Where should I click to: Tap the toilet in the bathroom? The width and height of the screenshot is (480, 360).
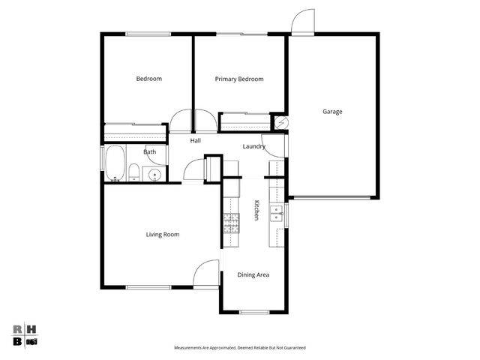coord(133,173)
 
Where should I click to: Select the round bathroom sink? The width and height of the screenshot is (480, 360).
coord(154,175)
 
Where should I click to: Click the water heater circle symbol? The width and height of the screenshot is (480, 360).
coord(282,122)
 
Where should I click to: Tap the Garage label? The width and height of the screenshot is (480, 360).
coord(332,112)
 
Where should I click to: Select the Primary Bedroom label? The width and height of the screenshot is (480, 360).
coord(239,79)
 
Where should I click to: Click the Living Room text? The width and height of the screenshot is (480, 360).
coord(162,235)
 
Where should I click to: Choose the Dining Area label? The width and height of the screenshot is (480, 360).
coord(253,275)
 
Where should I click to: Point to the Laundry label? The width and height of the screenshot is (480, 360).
coord(253,146)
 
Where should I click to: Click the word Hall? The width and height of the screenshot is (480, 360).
coord(195,140)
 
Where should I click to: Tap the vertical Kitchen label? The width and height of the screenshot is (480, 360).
coord(256,210)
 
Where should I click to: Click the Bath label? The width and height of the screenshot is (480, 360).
coord(150,152)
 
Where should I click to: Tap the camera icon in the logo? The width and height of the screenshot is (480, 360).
coord(31,341)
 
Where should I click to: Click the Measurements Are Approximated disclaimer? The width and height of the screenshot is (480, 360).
coord(239,348)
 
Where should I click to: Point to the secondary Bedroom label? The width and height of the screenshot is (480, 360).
coord(148,79)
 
